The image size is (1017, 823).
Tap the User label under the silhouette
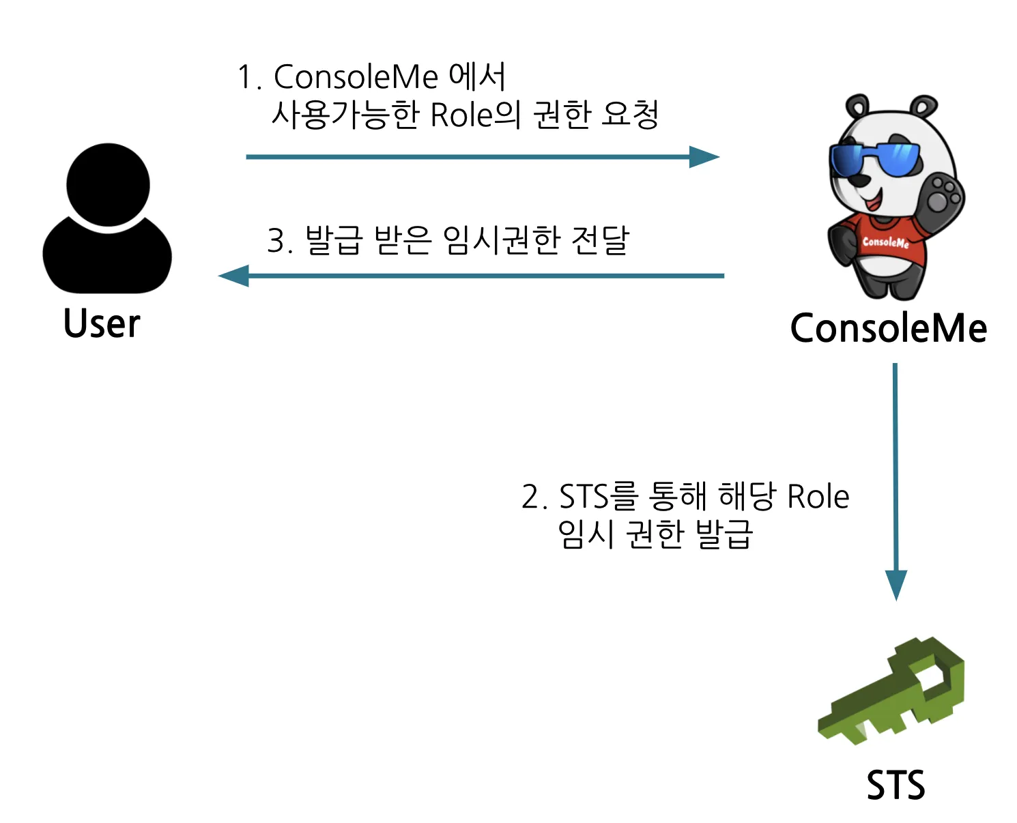102,323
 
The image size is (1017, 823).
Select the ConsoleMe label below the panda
888,328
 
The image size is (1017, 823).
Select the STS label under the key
896,785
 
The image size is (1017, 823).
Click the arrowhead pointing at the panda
705,157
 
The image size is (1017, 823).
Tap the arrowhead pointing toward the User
233,276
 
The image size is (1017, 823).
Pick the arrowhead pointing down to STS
896,585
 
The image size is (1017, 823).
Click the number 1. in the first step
248,77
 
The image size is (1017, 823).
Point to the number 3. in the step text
279,241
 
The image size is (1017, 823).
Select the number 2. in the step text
534,497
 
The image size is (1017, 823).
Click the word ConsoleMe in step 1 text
355,76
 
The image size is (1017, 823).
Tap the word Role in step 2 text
818,496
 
